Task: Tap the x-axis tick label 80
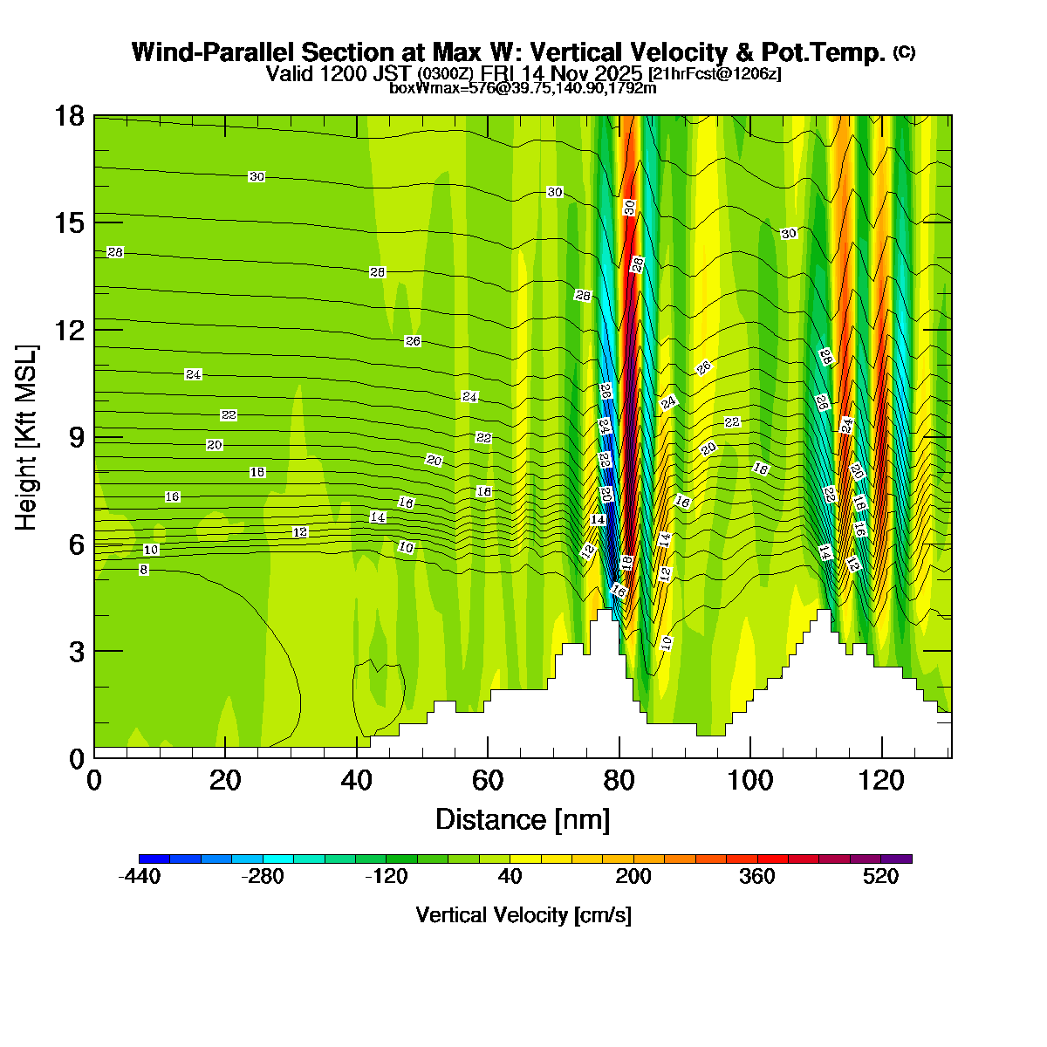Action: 619,780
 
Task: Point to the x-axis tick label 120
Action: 882,780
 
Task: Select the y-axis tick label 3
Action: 77,651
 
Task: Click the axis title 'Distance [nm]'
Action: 523,819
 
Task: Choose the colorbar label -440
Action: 140,877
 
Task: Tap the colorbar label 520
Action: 881,877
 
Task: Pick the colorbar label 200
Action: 633,877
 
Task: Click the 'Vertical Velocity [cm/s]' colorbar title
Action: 523,915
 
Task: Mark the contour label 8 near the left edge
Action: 144,570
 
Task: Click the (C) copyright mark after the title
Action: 905,52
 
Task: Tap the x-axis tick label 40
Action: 357,780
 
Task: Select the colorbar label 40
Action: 510,877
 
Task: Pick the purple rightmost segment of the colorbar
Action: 896,859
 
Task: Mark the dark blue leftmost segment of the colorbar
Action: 154,859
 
